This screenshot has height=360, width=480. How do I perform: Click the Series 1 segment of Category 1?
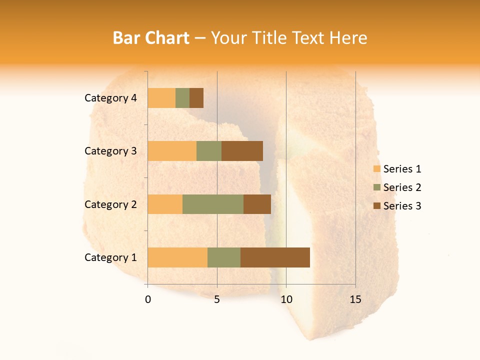tap(177, 257)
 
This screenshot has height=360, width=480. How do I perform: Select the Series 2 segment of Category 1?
tap(224, 257)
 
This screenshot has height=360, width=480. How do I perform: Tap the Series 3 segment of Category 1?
tap(275, 257)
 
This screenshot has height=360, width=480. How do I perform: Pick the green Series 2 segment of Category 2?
tap(213, 204)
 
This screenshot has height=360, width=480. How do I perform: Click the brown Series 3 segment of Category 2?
tap(257, 204)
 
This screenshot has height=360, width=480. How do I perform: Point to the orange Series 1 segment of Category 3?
tap(172, 151)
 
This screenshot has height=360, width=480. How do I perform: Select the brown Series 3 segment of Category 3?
tap(242, 151)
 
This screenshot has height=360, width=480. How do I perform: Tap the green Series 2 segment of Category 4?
tap(182, 98)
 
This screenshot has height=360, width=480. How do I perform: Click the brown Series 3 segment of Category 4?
tap(196, 98)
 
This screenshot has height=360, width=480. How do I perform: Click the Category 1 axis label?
tap(110, 257)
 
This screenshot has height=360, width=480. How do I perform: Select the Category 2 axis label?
tap(110, 204)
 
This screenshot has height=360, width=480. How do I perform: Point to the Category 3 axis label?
tap(110, 151)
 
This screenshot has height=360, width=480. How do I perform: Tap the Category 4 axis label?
tap(110, 98)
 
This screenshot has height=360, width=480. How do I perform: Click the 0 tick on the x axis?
tap(148, 299)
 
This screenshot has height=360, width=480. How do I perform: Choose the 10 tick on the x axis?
tap(286, 299)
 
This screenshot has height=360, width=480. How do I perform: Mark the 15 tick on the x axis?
tap(355, 299)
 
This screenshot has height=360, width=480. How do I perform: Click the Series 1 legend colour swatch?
tap(376, 169)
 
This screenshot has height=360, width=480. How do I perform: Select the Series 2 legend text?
tap(402, 187)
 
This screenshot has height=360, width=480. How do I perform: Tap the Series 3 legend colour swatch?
tap(376, 206)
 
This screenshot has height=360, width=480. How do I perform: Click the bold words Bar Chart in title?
tap(150, 38)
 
